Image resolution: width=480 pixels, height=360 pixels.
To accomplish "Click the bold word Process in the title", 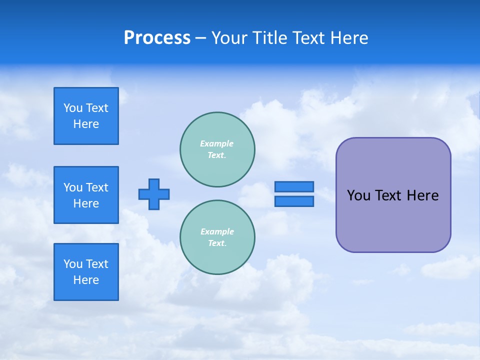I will click(x=157, y=38).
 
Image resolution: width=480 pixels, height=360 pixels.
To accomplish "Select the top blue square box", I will click(x=86, y=116).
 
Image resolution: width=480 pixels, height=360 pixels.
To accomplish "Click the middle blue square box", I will click(x=86, y=195).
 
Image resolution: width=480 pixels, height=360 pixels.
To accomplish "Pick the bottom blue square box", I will click(x=86, y=272).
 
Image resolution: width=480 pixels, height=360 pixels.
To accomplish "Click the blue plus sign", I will click(x=154, y=194).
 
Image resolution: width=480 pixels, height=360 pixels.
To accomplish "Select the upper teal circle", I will click(x=217, y=149).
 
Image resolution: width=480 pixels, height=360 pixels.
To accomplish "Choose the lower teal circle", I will click(x=217, y=237).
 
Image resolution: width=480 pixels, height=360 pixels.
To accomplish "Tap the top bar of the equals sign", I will click(x=294, y=186).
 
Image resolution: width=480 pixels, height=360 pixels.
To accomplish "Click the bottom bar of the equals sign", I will click(x=294, y=201).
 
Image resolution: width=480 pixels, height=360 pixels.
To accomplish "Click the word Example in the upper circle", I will click(x=217, y=143).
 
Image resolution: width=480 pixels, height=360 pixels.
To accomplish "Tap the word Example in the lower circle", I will click(x=217, y=231).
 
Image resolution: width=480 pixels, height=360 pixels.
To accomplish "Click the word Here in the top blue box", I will click(x=86, y=124).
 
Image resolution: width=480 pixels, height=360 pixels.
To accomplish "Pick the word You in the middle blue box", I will click(x=72, y=187).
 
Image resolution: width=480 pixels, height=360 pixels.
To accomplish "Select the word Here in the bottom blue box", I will click(x=86, y=280).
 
